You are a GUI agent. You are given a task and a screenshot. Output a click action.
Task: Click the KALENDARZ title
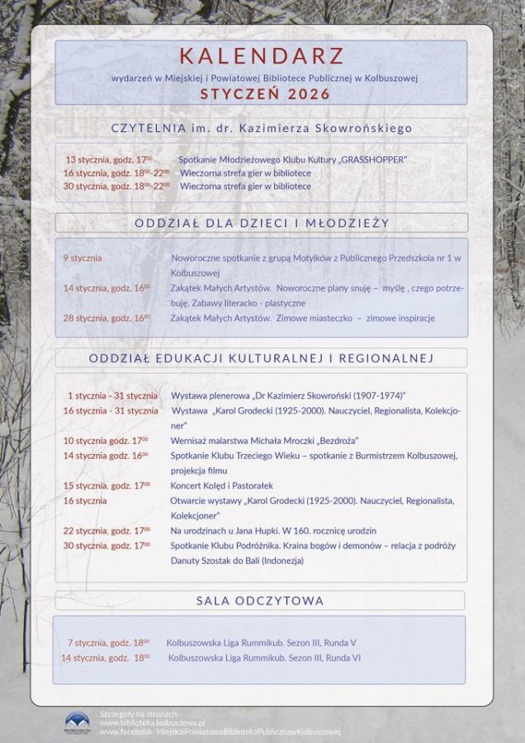(x=262, y=57)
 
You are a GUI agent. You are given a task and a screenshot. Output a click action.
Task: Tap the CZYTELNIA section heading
(x=262, y=128)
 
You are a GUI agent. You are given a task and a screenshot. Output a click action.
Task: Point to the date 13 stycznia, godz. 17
(x=109, y=159)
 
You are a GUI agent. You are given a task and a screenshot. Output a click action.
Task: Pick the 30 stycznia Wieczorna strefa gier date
(x=116, y=186)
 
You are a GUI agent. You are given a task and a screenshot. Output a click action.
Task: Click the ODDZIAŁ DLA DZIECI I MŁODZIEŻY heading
(x=262, y=223)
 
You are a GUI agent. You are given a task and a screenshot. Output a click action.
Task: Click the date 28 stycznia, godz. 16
(x=106, y=317)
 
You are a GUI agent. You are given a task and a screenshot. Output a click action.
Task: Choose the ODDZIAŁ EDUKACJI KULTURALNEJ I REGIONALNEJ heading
(x=261, y=357)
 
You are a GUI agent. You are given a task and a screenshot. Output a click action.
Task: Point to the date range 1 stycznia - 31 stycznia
(x=112, y=395)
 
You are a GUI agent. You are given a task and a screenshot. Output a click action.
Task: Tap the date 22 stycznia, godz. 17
(x=106, y=530)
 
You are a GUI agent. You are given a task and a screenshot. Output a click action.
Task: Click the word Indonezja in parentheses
(x=281, y=561)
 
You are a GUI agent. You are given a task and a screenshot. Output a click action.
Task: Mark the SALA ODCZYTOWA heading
(x=260, y=600)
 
